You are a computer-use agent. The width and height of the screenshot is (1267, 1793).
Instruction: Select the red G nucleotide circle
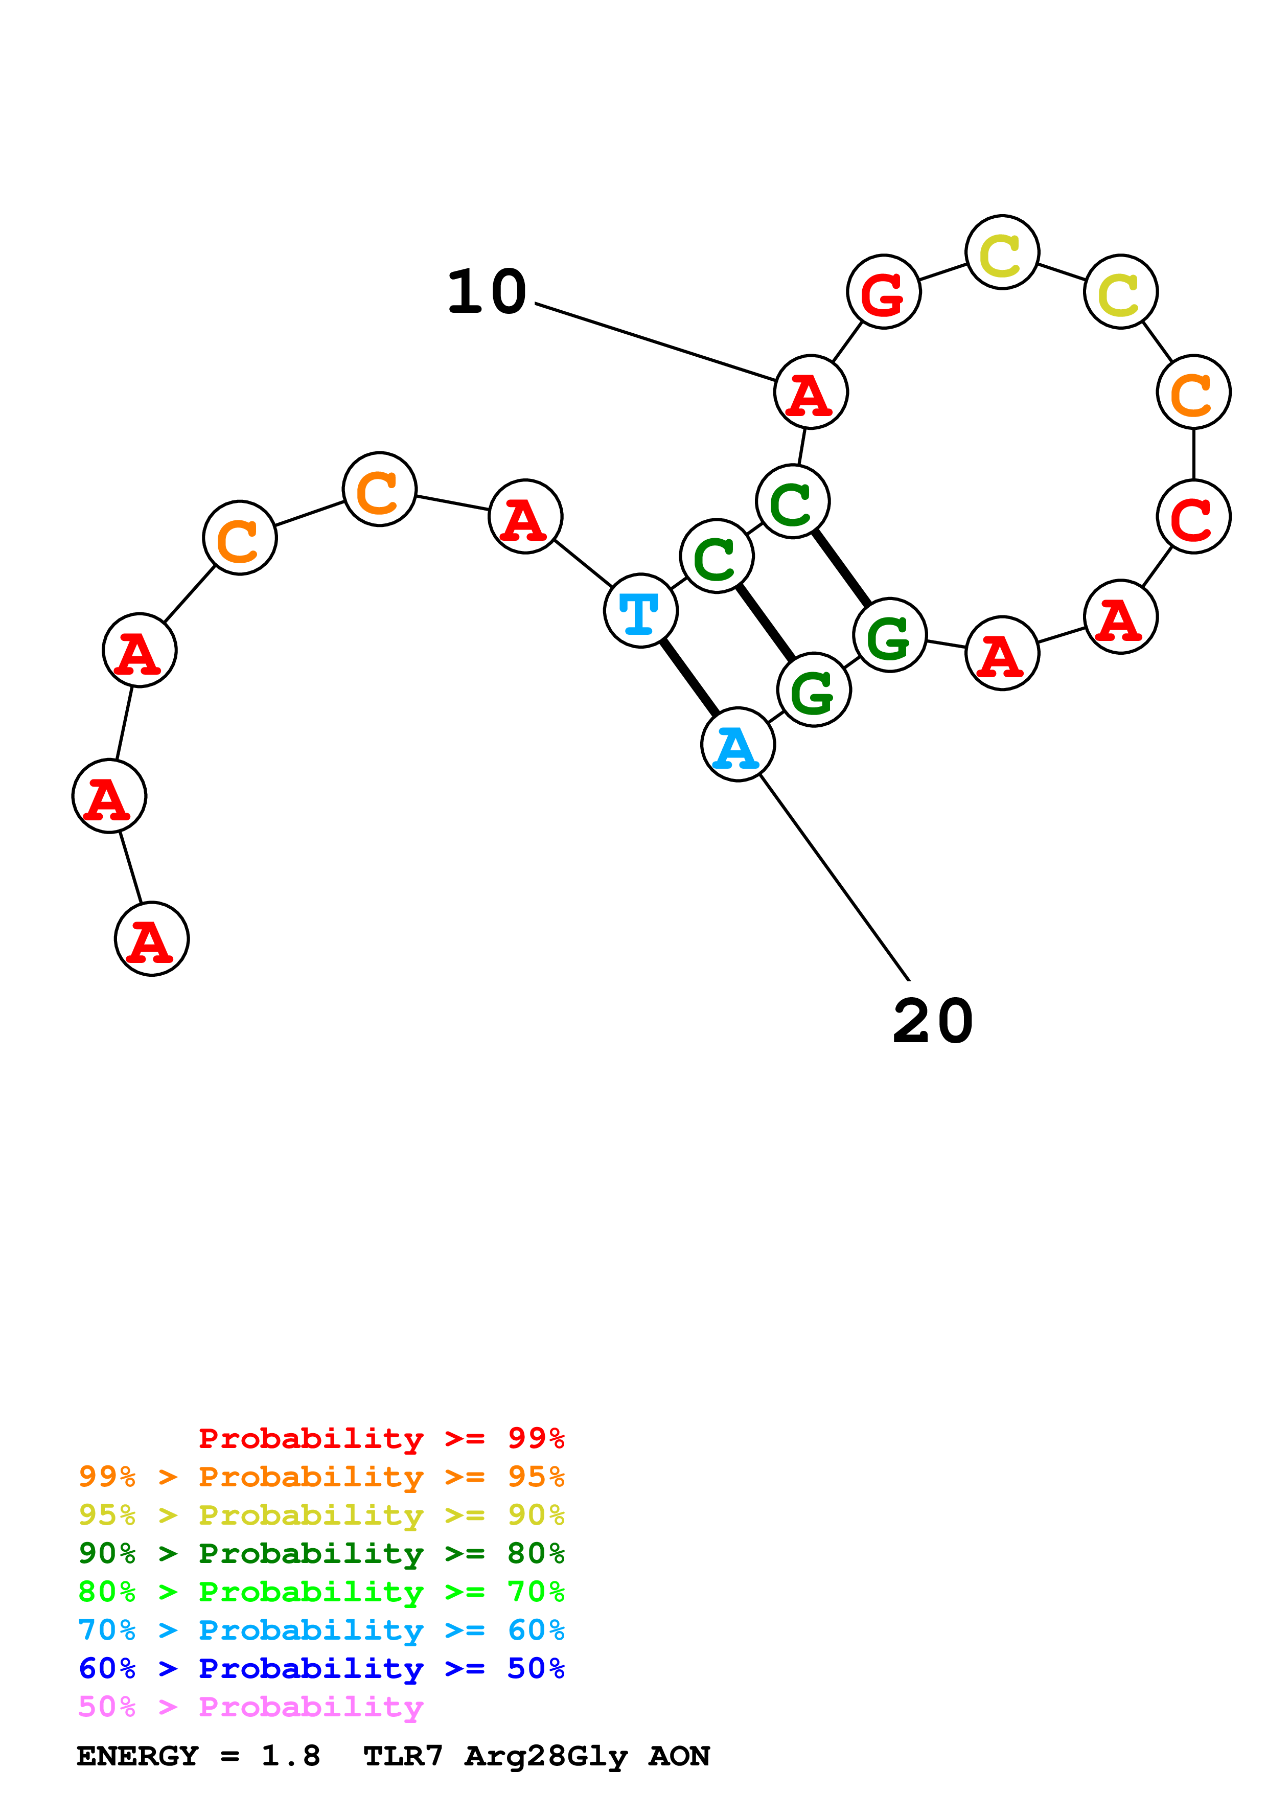(884, 291)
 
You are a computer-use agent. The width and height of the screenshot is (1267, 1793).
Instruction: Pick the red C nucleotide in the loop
(1193, 516)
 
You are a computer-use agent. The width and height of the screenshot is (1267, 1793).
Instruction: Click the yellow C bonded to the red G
(1002, 252)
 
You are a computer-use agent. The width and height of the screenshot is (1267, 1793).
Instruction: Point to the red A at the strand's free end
(151, 939)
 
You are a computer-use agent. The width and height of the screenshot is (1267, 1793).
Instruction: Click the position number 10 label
(487, 292)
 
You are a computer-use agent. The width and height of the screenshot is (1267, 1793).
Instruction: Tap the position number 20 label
(933, 1021)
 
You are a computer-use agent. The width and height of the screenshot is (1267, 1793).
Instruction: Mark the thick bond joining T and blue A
(689, 677)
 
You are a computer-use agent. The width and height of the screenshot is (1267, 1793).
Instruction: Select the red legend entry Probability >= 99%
(381, 1438)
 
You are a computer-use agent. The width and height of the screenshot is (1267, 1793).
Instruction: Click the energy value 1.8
(290, 1756)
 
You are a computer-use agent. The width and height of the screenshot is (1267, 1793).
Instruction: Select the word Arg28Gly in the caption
(546, 1756)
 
